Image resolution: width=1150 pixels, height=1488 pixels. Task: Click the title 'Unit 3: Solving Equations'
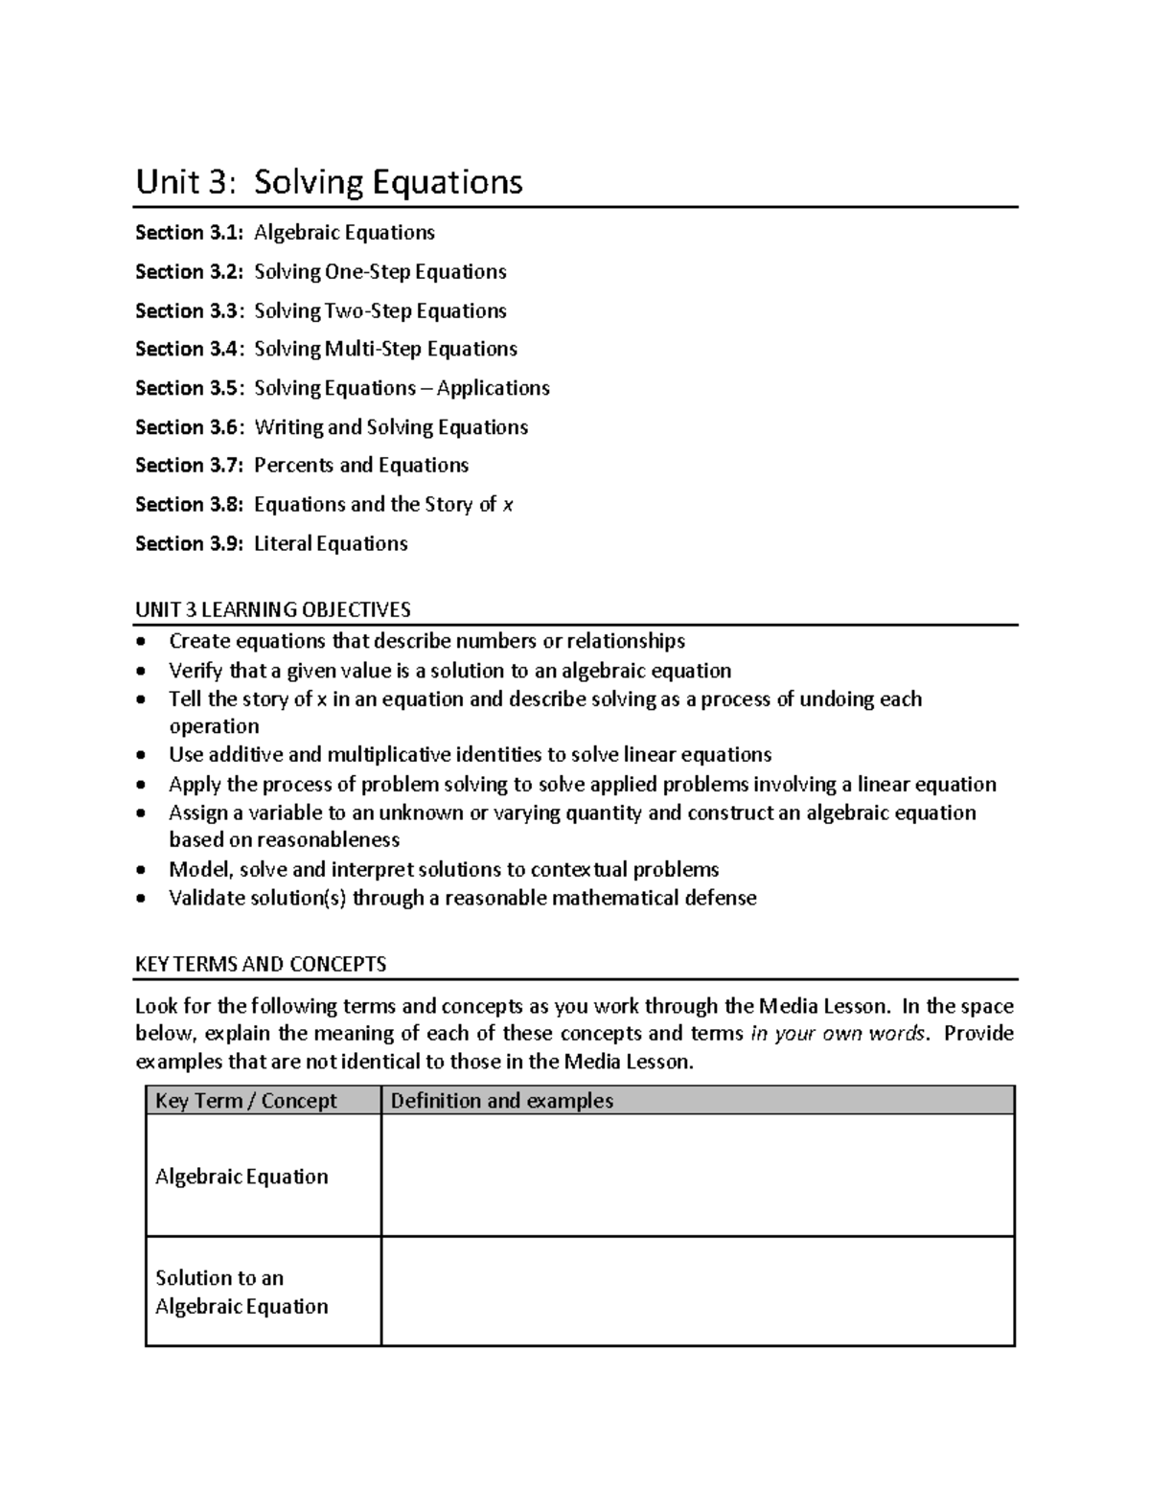pyautogui.click(x=329, y=181)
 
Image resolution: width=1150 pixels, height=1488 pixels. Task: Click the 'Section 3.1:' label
pyautogui.click(x=189, y=233)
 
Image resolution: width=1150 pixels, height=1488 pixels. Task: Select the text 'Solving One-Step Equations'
pyautogui.click(x=379, y=272)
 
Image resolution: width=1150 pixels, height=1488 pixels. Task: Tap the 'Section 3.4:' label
pyautogui.click(x=189, y=349)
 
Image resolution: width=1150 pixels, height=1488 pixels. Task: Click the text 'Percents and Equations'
pyautogui.click(x=361, y=466)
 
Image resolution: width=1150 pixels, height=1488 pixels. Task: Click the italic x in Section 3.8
pyautogui.click(x=508, y=505)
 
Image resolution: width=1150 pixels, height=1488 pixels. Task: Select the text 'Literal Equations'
pyautogui.click(x=331, y=544)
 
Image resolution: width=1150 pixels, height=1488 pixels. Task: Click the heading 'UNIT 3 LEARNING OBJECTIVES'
pyautogui.click(x=272, y=609)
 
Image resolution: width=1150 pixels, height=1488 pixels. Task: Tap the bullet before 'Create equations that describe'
pyautogui.click(x=142, y=641)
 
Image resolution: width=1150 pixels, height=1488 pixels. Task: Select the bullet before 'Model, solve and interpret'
pyautogui.click(x=142, y=870)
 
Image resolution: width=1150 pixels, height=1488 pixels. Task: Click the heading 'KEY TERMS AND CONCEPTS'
pyautogui.click(x=261, y=964)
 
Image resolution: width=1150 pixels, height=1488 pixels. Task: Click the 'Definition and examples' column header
pyautogui.click(x=501, y=1101)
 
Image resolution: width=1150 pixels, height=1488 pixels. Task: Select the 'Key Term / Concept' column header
pyautogui.click(x=246, y=1101)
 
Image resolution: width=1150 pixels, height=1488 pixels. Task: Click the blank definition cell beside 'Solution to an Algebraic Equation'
pyautogui.click(x=697, y=1291)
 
